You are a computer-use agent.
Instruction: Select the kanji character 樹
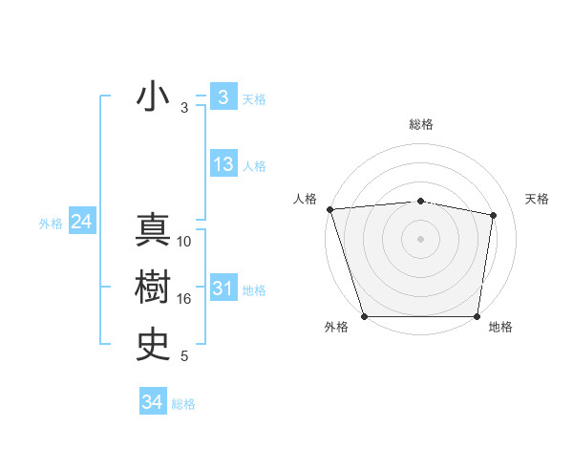[x=153, y=288]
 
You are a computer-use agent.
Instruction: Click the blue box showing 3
[x=223, y=97]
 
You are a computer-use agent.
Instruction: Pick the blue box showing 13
[x=223, y=164]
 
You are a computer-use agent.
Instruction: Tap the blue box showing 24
[x=82, y=222]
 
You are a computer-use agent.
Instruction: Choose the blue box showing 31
[x=223, y=289]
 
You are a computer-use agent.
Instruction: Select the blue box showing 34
[x=152, y=402]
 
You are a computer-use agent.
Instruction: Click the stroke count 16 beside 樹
[x=184, y=299]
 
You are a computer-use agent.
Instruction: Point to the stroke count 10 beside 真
[x=184, y=242]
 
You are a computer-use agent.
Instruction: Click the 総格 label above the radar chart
[x=421, y=124]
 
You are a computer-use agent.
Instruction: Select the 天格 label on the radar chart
[x=538, y=199]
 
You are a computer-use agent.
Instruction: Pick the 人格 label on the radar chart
[x=306, y=199]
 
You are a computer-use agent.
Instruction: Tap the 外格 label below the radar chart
[x=336, y=328]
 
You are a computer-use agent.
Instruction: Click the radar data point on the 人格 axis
[x=329, y=209]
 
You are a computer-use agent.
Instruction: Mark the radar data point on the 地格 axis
[x=477, y=316]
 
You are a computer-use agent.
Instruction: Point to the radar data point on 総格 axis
[x=421, y=201]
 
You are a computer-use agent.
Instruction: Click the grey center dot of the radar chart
[x=421, y=238]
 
